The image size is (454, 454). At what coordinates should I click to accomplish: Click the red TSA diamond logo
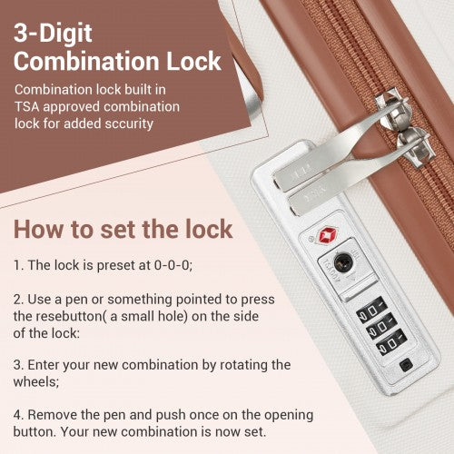[328, 235]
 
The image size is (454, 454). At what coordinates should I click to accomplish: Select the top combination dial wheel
[371, 309]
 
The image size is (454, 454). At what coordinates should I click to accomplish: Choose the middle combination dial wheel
[381, 326]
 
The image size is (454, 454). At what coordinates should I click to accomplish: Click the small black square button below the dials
[406, 365]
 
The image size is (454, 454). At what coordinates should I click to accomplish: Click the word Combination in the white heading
[86, 61]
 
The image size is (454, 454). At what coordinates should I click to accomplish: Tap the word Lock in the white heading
[194, 61]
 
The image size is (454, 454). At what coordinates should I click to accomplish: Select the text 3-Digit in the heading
[53, 34]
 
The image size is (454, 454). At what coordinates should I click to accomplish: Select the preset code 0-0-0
[173, 265]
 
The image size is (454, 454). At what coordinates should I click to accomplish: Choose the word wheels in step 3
[35, 381]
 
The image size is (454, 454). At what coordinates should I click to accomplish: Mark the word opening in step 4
[289, 416]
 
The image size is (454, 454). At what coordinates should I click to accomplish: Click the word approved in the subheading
[71, 107]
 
